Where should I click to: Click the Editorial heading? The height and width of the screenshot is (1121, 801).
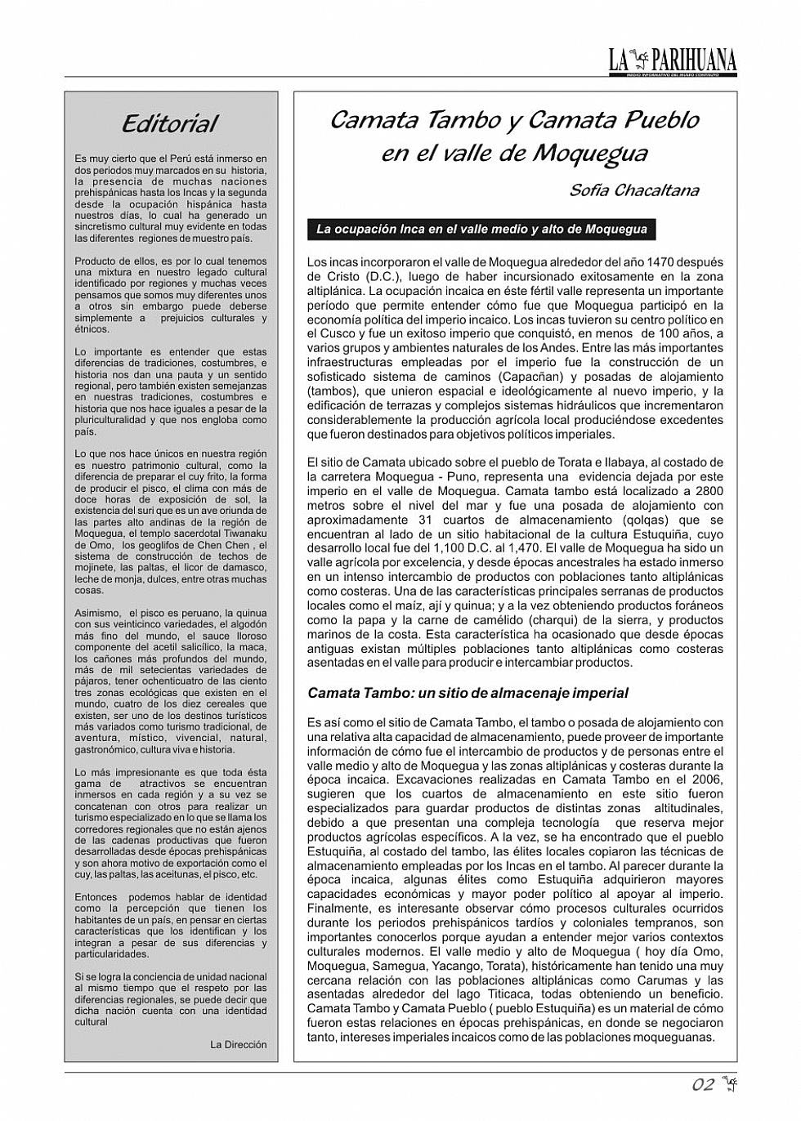(170, 124)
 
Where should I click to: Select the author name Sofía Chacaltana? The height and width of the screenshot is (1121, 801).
(633, 191)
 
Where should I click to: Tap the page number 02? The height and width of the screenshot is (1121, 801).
(703, 1085)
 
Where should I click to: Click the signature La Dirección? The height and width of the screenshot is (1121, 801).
(239, 1044)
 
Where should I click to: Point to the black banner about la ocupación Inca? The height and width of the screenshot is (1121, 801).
(481, 230)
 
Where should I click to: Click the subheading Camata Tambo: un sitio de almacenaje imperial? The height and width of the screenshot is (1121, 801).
(468, 693)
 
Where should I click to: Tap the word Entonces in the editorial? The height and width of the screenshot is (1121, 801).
(96, 897)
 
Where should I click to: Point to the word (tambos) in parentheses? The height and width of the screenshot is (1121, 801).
(332, 391)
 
